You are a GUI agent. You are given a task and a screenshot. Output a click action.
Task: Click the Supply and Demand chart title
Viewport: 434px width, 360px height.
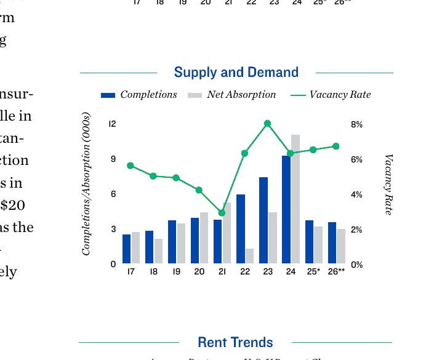[236, 73]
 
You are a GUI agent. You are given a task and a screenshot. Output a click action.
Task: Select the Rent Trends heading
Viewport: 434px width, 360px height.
[235, 342]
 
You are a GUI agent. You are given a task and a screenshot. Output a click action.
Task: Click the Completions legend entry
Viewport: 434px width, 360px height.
[139, 95]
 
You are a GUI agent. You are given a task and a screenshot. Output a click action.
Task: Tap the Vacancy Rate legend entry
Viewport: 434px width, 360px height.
[331, 95]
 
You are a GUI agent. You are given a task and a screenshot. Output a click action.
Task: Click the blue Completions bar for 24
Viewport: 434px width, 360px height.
[286, 209]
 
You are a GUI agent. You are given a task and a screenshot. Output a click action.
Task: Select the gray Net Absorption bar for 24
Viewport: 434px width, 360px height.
[295, 199]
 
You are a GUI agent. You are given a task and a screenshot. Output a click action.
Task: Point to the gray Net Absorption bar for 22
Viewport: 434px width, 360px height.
[249, 256]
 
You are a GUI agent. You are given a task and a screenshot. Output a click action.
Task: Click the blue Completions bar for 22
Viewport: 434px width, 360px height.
[241, 229]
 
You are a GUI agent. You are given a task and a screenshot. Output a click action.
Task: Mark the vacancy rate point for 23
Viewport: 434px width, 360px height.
[267, 124]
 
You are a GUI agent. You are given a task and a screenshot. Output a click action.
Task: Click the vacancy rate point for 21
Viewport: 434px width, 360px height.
[222, 213]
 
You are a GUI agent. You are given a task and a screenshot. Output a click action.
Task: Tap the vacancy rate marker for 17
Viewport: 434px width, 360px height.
[130, 166]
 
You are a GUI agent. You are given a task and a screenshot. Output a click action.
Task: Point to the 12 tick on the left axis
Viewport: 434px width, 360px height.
[112, 124]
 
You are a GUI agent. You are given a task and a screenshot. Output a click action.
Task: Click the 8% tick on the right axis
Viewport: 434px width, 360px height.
[356, 124]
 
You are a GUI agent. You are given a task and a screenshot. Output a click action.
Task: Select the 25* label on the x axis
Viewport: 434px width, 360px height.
[313, 271]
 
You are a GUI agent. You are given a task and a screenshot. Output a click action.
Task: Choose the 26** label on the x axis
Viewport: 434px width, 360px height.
[337, 271]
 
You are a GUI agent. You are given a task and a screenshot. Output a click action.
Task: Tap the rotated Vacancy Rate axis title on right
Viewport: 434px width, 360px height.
[388, 185]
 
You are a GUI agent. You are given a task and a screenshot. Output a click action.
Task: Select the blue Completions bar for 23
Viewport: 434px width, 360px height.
[263, 220]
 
